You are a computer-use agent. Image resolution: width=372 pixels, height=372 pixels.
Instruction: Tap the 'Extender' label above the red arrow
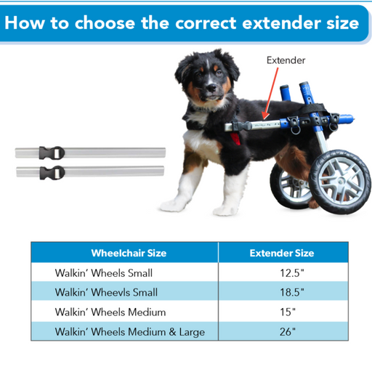click(286, 60)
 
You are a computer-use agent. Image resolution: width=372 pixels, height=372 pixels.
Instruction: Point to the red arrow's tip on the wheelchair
click(264, 119)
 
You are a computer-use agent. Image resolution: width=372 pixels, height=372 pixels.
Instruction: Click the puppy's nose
click(211, 87)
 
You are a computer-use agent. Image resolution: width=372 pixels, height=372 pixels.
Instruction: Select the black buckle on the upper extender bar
click(52, 153)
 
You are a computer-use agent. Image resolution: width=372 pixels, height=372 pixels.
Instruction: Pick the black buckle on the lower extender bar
click(52, 173)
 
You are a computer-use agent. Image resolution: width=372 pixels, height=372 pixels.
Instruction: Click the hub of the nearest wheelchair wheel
click(341, 180)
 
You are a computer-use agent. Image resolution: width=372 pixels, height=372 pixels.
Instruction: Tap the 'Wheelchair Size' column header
click(129, 253)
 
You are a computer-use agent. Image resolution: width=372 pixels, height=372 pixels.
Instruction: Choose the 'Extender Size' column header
click(282, 253)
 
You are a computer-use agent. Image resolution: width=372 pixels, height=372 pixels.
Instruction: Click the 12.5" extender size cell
click(292, 273)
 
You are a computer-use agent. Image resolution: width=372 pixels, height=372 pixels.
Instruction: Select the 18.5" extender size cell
click(292, 292)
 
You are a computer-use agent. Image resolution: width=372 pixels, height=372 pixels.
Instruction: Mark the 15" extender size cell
click(288, 312)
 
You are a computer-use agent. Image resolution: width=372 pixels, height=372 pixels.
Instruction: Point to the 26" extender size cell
click(288, 332)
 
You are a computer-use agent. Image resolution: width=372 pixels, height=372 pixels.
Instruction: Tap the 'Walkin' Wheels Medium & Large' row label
click(130, 332)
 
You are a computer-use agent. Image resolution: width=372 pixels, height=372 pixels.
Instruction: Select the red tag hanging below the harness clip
click(235, 138)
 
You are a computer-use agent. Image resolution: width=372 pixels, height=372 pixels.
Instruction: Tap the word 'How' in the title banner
click(25, 23)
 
